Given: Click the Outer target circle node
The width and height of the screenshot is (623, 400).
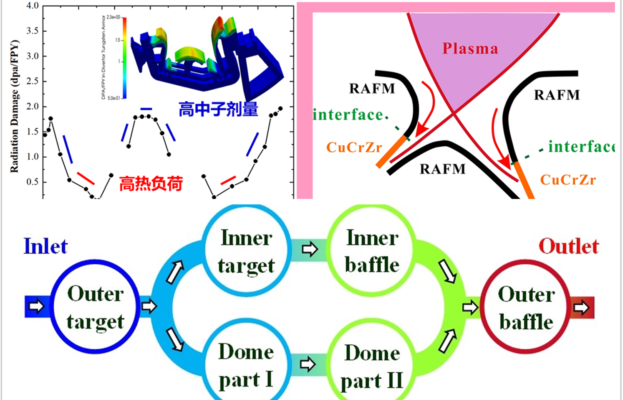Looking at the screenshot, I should click(x=95, y=307).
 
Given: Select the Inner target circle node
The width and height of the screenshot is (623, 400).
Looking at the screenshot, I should click(x=246, y=251).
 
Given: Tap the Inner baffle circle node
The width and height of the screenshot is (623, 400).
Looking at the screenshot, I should click(x=372, y=251).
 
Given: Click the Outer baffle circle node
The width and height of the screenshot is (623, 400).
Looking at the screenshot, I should click(x=526, y=308).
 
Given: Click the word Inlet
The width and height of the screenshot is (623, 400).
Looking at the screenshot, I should click(x=45, y=246).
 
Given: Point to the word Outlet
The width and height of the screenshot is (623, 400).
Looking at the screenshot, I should click(x=568, y=246).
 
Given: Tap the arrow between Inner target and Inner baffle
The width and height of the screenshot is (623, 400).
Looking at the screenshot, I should click(x=309, y=250).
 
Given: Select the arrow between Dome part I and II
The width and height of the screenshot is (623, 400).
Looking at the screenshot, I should click(x=308, y=364).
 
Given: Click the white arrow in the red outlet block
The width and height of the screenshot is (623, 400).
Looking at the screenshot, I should click(x=581, y=308).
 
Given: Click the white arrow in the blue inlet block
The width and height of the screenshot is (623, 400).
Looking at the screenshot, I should click(x=36, y=306).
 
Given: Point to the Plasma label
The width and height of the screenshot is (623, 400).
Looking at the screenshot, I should click(x=470, y=48).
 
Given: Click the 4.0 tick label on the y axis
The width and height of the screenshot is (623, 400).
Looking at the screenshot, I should click(x=32, y=6).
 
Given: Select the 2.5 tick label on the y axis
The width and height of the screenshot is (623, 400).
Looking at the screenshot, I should click(x=32, y=81).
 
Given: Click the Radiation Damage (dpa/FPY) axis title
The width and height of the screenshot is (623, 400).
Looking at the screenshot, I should click(x=15, y=107).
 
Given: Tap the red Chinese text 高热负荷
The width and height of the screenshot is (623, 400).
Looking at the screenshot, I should click(x=151, y=183).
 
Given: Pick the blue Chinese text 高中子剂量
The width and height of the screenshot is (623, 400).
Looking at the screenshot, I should click(x=218, y=109).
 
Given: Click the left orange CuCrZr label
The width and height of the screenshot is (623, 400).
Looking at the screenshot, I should click(x=354, y=147).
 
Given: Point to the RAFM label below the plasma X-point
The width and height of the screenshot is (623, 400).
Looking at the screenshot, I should click(x=442, y=169).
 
